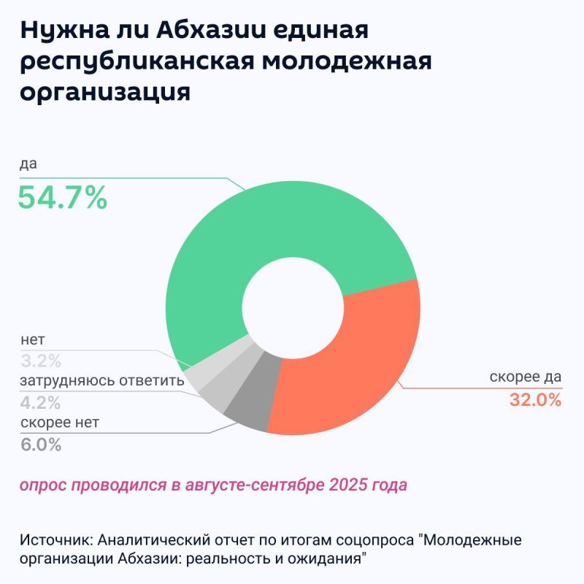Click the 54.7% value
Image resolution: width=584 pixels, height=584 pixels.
63,197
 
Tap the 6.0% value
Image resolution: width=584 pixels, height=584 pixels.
41,445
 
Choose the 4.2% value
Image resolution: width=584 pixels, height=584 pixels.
41,402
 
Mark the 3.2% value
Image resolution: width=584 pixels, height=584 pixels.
41,360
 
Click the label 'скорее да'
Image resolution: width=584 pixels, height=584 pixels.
525,377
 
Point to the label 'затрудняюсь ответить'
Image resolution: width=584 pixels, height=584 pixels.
93,381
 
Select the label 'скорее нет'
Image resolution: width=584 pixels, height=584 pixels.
60,423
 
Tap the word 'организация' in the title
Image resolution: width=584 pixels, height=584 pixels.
106,93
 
